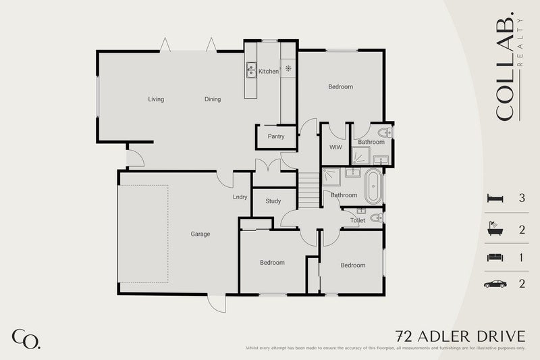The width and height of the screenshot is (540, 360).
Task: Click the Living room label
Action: [x=156, y=99]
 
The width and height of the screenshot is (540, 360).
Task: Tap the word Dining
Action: [x=213, y=99]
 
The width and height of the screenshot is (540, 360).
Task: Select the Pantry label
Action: [x=275, y=136]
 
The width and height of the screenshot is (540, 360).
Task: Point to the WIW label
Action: [x=334, y=147]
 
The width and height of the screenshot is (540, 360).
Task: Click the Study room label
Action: [x=273, y=201]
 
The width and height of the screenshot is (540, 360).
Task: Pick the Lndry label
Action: [x=240, y=197]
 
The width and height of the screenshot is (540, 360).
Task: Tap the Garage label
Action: [x=200, y=234]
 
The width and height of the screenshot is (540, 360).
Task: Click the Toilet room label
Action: [x=358, y=221]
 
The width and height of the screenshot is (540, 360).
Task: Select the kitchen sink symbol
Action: [x=251, y=68]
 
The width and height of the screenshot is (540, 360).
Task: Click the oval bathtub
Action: [x=373, y=187]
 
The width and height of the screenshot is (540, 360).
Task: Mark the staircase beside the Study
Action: [x=309, y=190]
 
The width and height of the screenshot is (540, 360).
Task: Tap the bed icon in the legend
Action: [x=494, y=199]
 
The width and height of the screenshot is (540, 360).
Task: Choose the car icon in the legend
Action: [x=495, y=284]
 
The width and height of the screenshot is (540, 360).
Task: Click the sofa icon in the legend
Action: [x=494, y=257]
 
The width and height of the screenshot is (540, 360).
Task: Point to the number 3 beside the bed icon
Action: [x=522, y=199]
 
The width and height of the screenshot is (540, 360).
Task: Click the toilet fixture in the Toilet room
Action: [x=377, y=217]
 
